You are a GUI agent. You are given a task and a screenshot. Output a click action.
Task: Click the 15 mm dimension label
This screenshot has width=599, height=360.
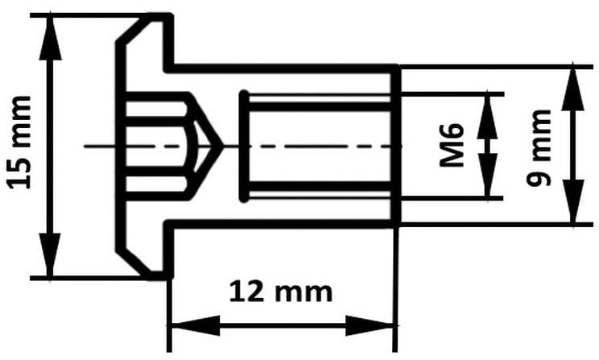pos(19,143)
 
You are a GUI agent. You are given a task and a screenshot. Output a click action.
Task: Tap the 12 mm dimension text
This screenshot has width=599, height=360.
pos(281,292)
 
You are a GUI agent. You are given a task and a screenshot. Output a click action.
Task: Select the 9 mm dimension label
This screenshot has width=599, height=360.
pos(539,148)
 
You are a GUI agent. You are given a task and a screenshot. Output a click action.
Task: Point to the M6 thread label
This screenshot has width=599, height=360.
pos(452,145)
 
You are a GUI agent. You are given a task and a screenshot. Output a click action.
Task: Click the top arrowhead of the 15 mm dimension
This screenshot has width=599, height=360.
pos(50,38)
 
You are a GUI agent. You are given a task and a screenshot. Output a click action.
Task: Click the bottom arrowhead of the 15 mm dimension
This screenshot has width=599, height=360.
pos(50,255)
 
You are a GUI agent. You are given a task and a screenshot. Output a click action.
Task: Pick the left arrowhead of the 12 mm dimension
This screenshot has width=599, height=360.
pos(196,325)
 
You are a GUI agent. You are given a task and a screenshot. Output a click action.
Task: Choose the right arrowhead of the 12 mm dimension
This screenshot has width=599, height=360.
pos(370,325)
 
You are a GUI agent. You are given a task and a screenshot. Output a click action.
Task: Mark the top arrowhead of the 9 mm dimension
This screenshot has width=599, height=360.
pos(572,89)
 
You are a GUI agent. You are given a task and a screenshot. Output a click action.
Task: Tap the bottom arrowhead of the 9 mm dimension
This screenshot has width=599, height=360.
pos(572,201)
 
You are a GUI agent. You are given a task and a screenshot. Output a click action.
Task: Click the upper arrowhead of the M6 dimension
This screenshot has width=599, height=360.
pos(487,116)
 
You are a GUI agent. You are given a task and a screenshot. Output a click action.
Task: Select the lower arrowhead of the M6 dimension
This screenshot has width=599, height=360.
pos(487,176)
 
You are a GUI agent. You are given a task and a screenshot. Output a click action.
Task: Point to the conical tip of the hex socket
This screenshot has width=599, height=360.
pos(221,146)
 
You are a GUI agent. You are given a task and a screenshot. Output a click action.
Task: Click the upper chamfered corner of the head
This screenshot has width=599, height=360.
pos(134,29)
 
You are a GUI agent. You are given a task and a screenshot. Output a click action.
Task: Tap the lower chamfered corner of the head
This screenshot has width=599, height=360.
pos(134,263)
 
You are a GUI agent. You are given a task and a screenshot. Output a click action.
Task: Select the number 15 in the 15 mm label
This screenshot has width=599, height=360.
pos(19,174)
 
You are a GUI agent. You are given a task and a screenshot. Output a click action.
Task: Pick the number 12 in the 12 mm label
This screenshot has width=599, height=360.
pos(246,292)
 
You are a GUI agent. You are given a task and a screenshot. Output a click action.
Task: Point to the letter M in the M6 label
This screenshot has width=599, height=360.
pos(452,155)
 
